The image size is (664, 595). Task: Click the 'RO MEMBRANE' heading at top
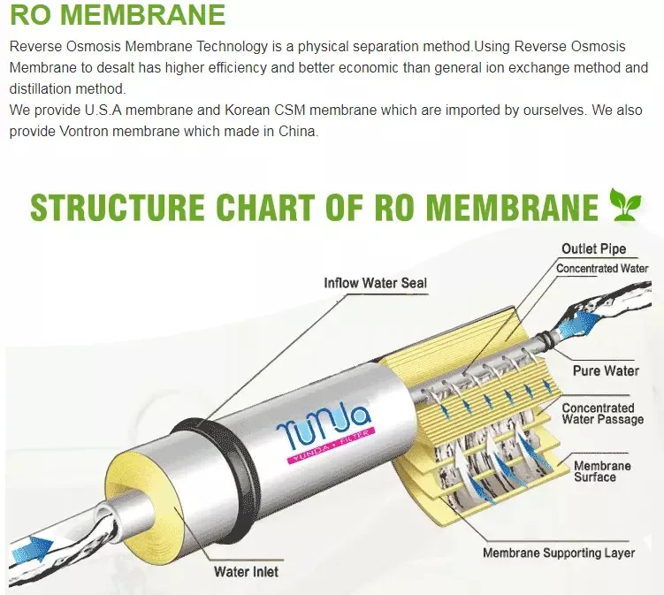(x=118, y=15)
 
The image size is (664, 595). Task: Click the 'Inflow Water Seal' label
(x=375, y=283)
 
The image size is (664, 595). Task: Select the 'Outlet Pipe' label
(x=593, y=249)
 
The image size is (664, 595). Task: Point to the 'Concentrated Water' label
(x=602, y=268)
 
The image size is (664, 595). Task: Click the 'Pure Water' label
(x=606, y=370)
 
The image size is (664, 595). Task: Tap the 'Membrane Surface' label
(x=602, y=471)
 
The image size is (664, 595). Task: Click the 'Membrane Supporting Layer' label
(x=559, y=553)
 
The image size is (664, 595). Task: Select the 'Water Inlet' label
(x=246, y=571)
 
